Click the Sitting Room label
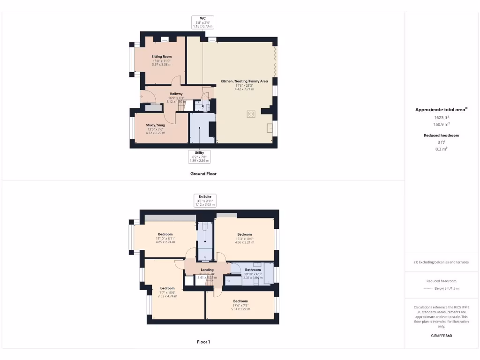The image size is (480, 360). [x=162, y=57]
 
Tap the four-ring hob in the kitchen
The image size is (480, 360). [x=251, y=114]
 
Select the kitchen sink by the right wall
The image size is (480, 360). [x=270, y=128]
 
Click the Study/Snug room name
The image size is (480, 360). [x=155, y=125]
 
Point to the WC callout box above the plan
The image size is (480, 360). [x=203, y=22]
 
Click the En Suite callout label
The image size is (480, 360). [x=205, y=200]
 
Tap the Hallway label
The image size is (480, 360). [x=176, y=94]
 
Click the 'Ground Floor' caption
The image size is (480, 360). [x=203, y=173]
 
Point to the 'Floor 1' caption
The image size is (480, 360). [x=203, y=342]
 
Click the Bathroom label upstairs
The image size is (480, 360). [x=253, y=270]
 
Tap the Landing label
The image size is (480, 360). [x=207, y=270]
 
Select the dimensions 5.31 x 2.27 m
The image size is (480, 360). [x=240, y=309]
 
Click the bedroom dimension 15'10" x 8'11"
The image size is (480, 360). [x=165, y=238]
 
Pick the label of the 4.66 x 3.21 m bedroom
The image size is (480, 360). [x=244, y=234]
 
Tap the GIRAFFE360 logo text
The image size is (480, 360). [x=441, y=336]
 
